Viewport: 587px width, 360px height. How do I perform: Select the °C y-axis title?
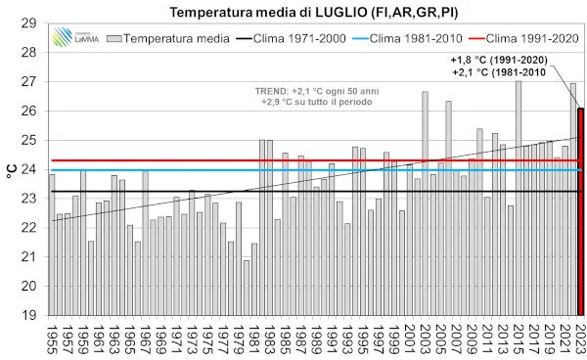[11, 169]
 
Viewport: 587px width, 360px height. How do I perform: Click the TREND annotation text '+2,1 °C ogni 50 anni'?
[297, 90]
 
